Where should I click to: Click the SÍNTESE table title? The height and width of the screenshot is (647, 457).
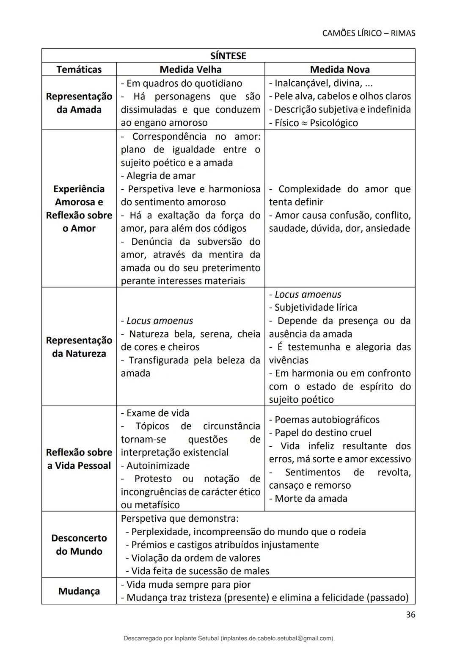click(x=228, y=56)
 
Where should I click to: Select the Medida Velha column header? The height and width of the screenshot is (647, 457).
click(x=190, y=69)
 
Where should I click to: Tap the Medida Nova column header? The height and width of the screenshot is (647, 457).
click(x=340, y=69)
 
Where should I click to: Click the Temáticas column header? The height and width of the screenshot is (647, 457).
click(x=79, y=69)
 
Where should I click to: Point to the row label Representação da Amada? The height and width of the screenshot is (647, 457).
click(x=79, y=103)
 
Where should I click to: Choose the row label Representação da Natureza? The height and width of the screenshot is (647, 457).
click(x=79, y=347)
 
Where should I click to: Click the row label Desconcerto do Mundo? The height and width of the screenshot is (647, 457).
click(x=79, y=545)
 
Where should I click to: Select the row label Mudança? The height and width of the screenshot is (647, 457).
click(x=79, y=591)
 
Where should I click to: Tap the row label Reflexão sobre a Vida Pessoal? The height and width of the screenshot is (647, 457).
click(x=79, y=459)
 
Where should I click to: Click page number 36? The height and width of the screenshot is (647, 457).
click(x=410, y=615)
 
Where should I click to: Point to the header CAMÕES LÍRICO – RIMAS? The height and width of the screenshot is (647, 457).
click(x=369, y=33)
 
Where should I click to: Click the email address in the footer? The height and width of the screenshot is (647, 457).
click(x=277, y=638)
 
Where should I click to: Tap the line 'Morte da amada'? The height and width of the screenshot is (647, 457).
click(x=311, y=498)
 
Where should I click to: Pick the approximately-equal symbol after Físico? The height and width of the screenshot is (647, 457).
click(x=304, y=123)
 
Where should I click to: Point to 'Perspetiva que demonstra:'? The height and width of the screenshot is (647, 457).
click(x=180, y=518)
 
